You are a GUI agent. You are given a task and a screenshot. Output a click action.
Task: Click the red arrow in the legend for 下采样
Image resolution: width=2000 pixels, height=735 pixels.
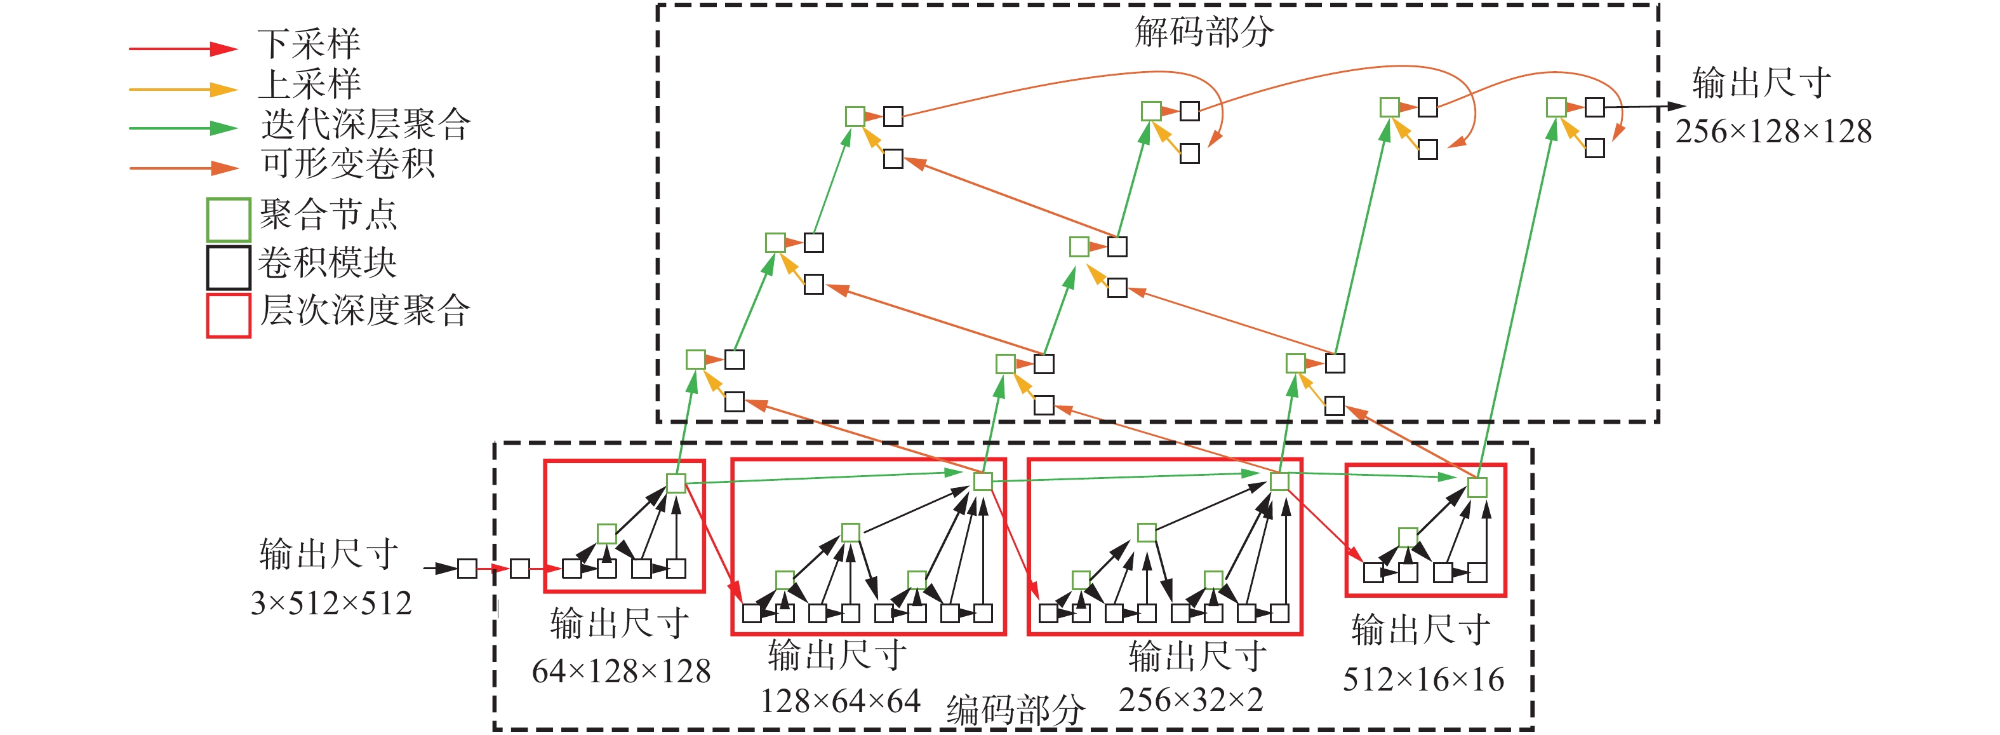pyautogui.click(x=182, y=49)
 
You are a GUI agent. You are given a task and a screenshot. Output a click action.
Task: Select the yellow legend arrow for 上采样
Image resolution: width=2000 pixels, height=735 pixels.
pyautogui.click(x=182, y=90)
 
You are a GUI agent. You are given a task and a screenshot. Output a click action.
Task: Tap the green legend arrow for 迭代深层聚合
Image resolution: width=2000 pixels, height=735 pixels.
pyautogui.click(x=182, y=128)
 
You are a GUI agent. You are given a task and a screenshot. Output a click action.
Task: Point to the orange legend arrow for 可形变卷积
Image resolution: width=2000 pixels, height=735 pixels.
pyautogui.click(x=182, y=168)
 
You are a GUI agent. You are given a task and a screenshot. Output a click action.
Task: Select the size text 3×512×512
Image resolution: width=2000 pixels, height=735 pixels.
pyautogui.click(x=331, y=604)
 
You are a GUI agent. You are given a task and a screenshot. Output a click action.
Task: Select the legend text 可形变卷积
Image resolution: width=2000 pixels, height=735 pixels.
pyautogui.click(x=347, y=164)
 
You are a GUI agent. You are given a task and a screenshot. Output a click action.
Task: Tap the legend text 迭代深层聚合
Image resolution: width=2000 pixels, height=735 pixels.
pyautogui.click(x=366, y=125)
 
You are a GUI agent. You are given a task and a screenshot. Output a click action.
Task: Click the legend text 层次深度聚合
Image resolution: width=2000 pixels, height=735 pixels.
pyautogui.click(x=365, y=311)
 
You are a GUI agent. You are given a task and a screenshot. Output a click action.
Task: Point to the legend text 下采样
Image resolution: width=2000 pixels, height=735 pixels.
pyautogui.click(x=309, y=44)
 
